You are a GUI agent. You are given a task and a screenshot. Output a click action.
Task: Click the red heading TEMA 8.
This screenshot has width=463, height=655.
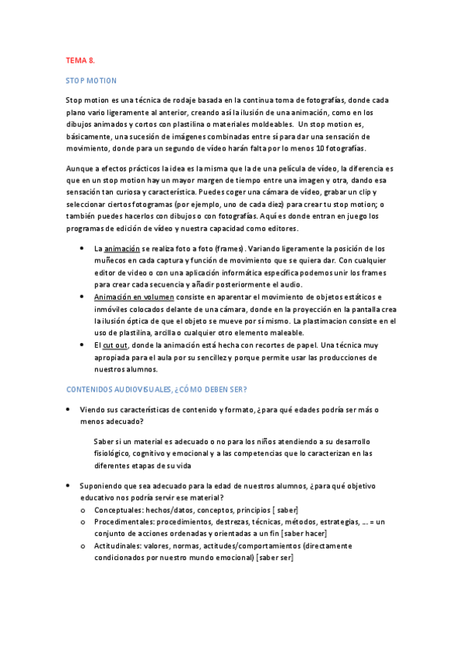click(x=80, y=59)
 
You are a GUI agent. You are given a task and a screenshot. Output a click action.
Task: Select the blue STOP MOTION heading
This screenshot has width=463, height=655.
click(x=91, y=80)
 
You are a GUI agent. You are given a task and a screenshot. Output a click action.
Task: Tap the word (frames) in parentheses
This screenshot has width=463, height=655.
click(x=226, y=249)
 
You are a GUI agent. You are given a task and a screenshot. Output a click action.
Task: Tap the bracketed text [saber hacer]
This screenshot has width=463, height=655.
click(x=305, y=534)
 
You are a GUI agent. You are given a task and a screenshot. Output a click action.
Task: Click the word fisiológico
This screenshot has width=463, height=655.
click(x=111, y=453)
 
